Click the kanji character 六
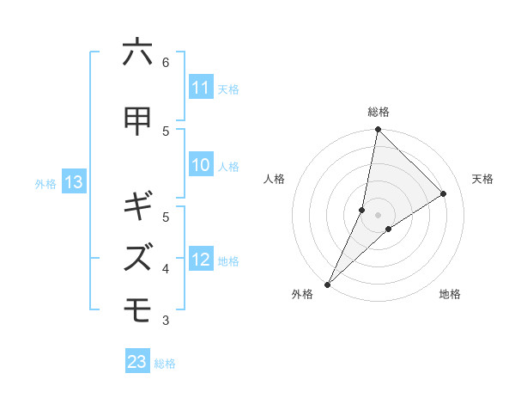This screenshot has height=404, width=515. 137,53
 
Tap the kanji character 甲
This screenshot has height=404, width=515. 137,121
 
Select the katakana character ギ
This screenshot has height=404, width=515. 137,206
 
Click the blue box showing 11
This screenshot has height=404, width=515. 201,88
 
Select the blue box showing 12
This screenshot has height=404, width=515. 201,260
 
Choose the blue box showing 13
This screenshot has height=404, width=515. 73,182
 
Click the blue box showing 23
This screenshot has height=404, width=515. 137,362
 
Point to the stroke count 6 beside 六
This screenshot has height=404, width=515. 165,62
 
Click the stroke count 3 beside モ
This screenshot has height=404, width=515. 165,321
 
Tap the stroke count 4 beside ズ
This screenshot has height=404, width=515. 165,269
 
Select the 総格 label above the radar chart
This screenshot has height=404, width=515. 378,112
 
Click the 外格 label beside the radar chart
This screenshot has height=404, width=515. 302,294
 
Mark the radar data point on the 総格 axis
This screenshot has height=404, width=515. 378,129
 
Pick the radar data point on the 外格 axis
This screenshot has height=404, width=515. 327,284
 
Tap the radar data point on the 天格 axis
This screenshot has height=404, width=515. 443,193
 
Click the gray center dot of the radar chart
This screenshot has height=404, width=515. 378,214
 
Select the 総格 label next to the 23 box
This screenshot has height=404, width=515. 165,364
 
